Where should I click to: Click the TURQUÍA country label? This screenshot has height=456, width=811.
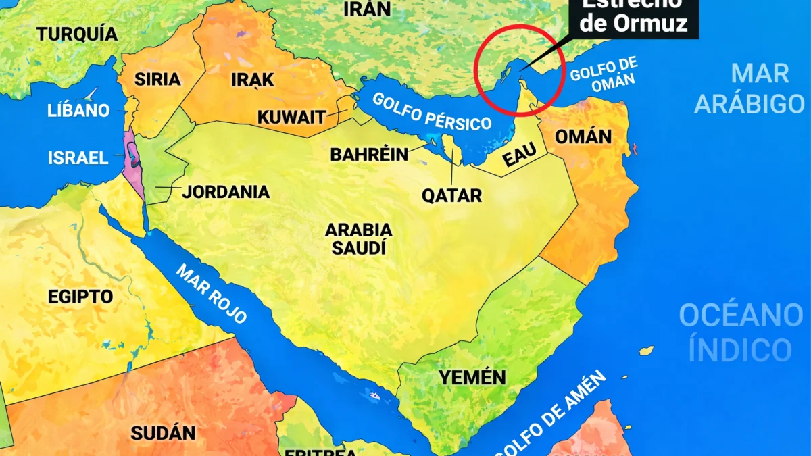[x=77, y=34]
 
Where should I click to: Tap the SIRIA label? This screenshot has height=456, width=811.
[x=157, y=79]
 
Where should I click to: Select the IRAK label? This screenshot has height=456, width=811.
[x=252, y=80]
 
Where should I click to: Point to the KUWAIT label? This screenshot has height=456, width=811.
[x=291, y=117]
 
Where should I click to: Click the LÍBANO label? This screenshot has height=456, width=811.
[x=78, y=110]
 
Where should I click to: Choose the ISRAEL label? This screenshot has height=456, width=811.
[x=78, y=158]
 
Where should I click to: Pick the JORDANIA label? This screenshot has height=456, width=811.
[x=226, y=192]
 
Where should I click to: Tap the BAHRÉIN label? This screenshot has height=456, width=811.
[x=369, y=155]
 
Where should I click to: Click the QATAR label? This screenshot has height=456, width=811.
[x=451, y=196]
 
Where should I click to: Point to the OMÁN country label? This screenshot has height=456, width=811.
[x=583, y=137]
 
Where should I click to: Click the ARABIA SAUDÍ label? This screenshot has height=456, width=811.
[x=358, y=238]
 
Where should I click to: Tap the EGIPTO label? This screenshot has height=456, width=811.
[x=80, y=297]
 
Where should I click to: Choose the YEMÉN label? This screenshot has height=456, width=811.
[x=472, y=378]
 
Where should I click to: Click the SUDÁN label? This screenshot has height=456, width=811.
[x=163, y=433]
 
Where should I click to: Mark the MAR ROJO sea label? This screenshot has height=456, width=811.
[x=212, y=293]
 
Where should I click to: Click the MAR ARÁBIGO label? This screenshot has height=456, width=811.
[x=749, y=88]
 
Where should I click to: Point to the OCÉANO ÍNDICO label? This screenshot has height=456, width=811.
[x=741, y=332]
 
